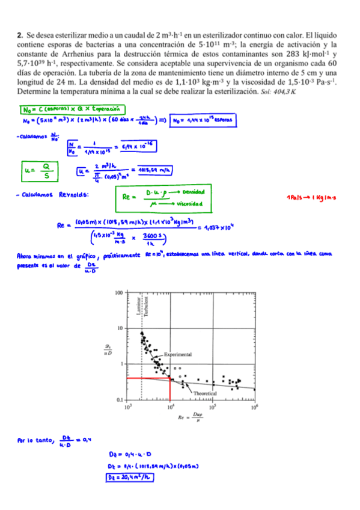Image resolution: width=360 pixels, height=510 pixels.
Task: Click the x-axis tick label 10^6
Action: coord(254,408)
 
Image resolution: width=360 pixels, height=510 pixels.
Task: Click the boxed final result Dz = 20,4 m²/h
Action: coord(128,478)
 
